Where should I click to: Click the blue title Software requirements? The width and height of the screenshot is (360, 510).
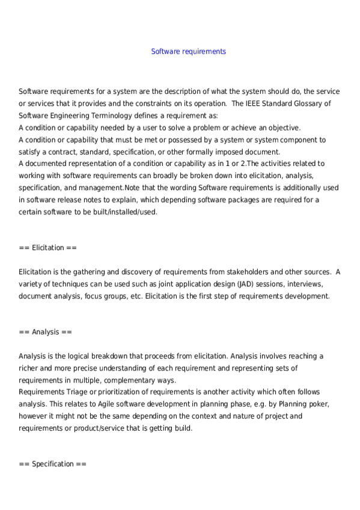pos(188,52)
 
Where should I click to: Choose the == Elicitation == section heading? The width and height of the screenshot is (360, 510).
pos(48,248)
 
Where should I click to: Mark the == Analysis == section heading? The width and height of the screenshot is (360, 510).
pos(45,332)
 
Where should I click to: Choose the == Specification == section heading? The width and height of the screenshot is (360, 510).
pos(53,464)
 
